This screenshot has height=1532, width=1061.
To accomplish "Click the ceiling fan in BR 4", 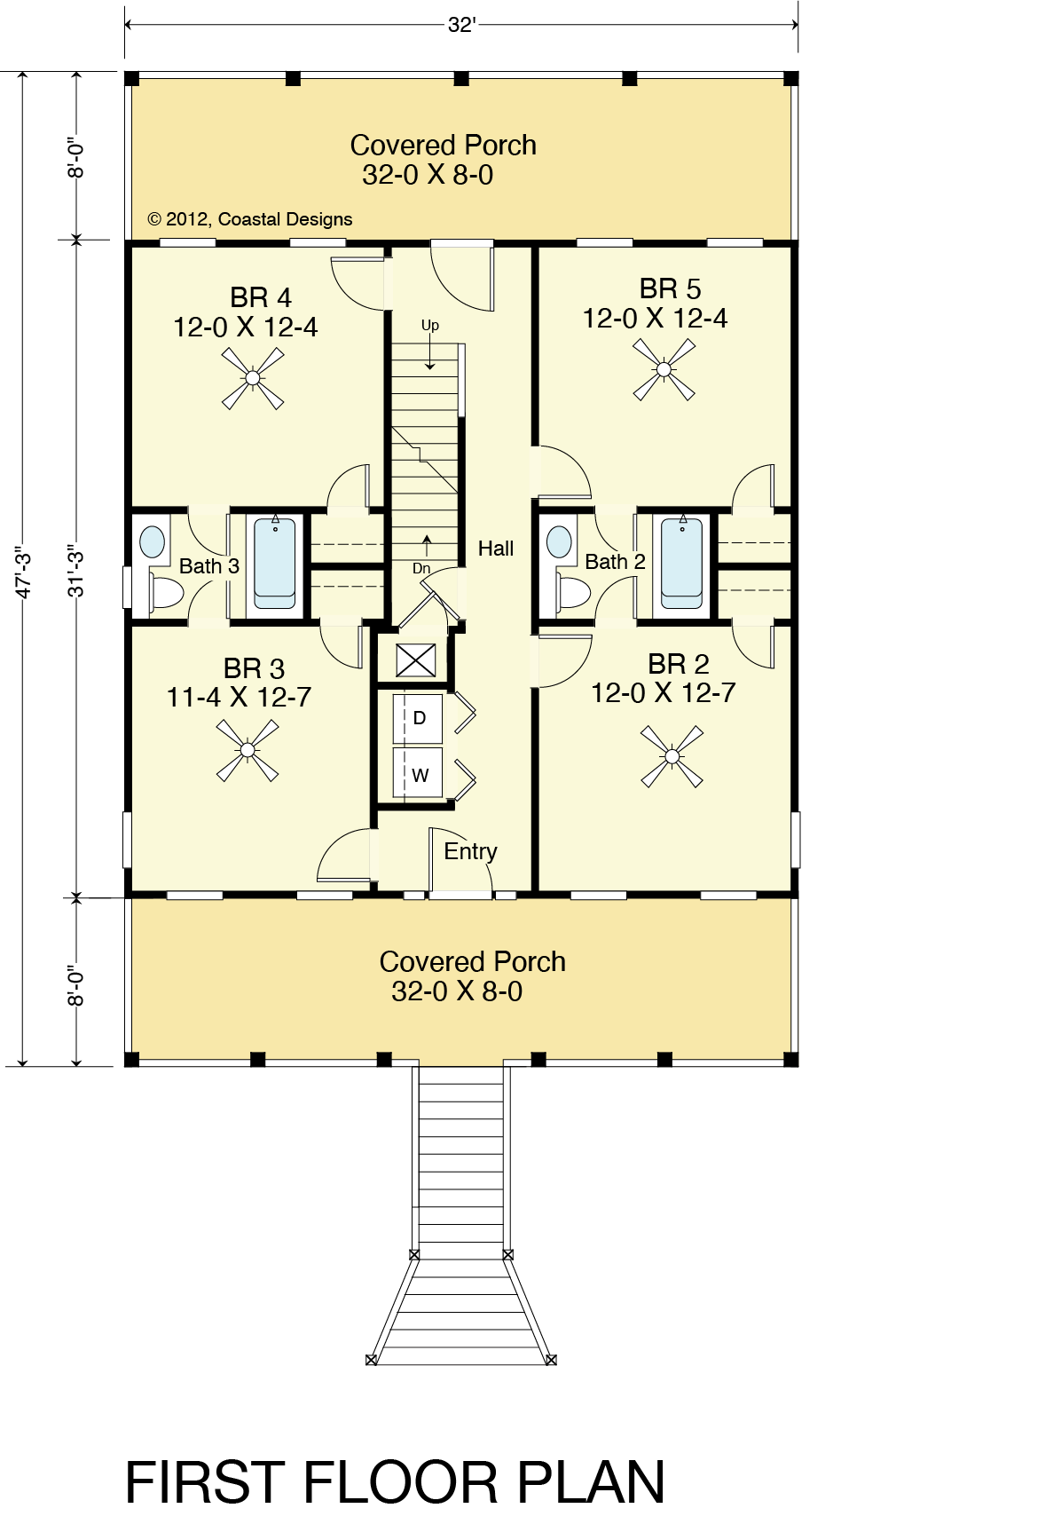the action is tap(253, 378).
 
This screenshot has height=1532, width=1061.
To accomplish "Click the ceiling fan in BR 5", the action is tap(664, 369).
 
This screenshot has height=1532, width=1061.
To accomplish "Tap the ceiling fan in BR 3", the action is tap(248, 750).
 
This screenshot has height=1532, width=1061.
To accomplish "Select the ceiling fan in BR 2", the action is tap(672, 756).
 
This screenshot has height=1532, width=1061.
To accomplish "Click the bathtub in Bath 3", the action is tap(275, 564).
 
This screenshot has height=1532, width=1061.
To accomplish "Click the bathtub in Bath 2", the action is tap(681, 562).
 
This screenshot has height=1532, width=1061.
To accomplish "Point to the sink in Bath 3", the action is tap(153, 541).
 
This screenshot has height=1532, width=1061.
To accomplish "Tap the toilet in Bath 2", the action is tap(572, 592).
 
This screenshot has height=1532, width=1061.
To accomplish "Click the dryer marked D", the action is tap(419, 718).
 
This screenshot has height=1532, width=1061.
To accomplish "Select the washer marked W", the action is tap(419, 774).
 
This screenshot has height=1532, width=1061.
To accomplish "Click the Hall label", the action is tap(496, 549).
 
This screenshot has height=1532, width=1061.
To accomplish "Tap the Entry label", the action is tap(470, 851).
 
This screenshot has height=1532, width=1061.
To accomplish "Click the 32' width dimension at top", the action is tap(461, 25).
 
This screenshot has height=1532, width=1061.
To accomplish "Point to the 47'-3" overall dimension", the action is tap(24, 575).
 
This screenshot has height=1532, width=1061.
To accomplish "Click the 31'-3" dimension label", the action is tap(77, 571).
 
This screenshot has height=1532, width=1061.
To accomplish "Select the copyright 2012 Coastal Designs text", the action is tap(250, 219).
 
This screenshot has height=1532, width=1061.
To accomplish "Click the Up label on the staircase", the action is tap(430, 326).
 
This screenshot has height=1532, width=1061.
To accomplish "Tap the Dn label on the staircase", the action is tap(421, 568).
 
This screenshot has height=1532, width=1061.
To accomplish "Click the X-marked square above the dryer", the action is tap(416, 660).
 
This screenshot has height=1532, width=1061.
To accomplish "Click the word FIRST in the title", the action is tap(206, 1482).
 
